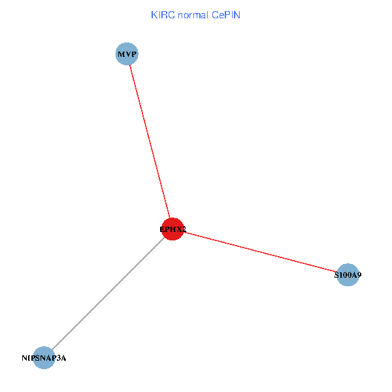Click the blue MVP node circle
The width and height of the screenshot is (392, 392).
[x=127, y=54]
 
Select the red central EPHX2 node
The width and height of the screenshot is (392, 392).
[x=172, y=229]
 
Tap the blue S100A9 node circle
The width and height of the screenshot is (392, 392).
[x=348, y=275]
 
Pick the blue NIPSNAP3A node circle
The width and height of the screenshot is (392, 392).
[x=44, y=358]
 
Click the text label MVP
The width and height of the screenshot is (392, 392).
[x=127, y=54]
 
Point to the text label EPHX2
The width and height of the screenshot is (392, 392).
[x=172, y=229]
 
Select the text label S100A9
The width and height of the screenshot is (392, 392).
[x=348, y=276]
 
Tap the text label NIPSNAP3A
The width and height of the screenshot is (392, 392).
[x=44, y=358]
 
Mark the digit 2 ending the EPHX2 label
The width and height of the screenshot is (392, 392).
[x=184, y=229]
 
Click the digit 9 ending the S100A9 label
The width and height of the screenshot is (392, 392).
[x=359, y=276]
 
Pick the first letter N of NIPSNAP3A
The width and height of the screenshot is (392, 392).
[x=24, y=358]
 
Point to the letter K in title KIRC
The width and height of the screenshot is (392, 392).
[x=154, y=14]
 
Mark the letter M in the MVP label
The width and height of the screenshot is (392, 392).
[x=121, y=54]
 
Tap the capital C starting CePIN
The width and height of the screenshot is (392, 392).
[x=214, y=14]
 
